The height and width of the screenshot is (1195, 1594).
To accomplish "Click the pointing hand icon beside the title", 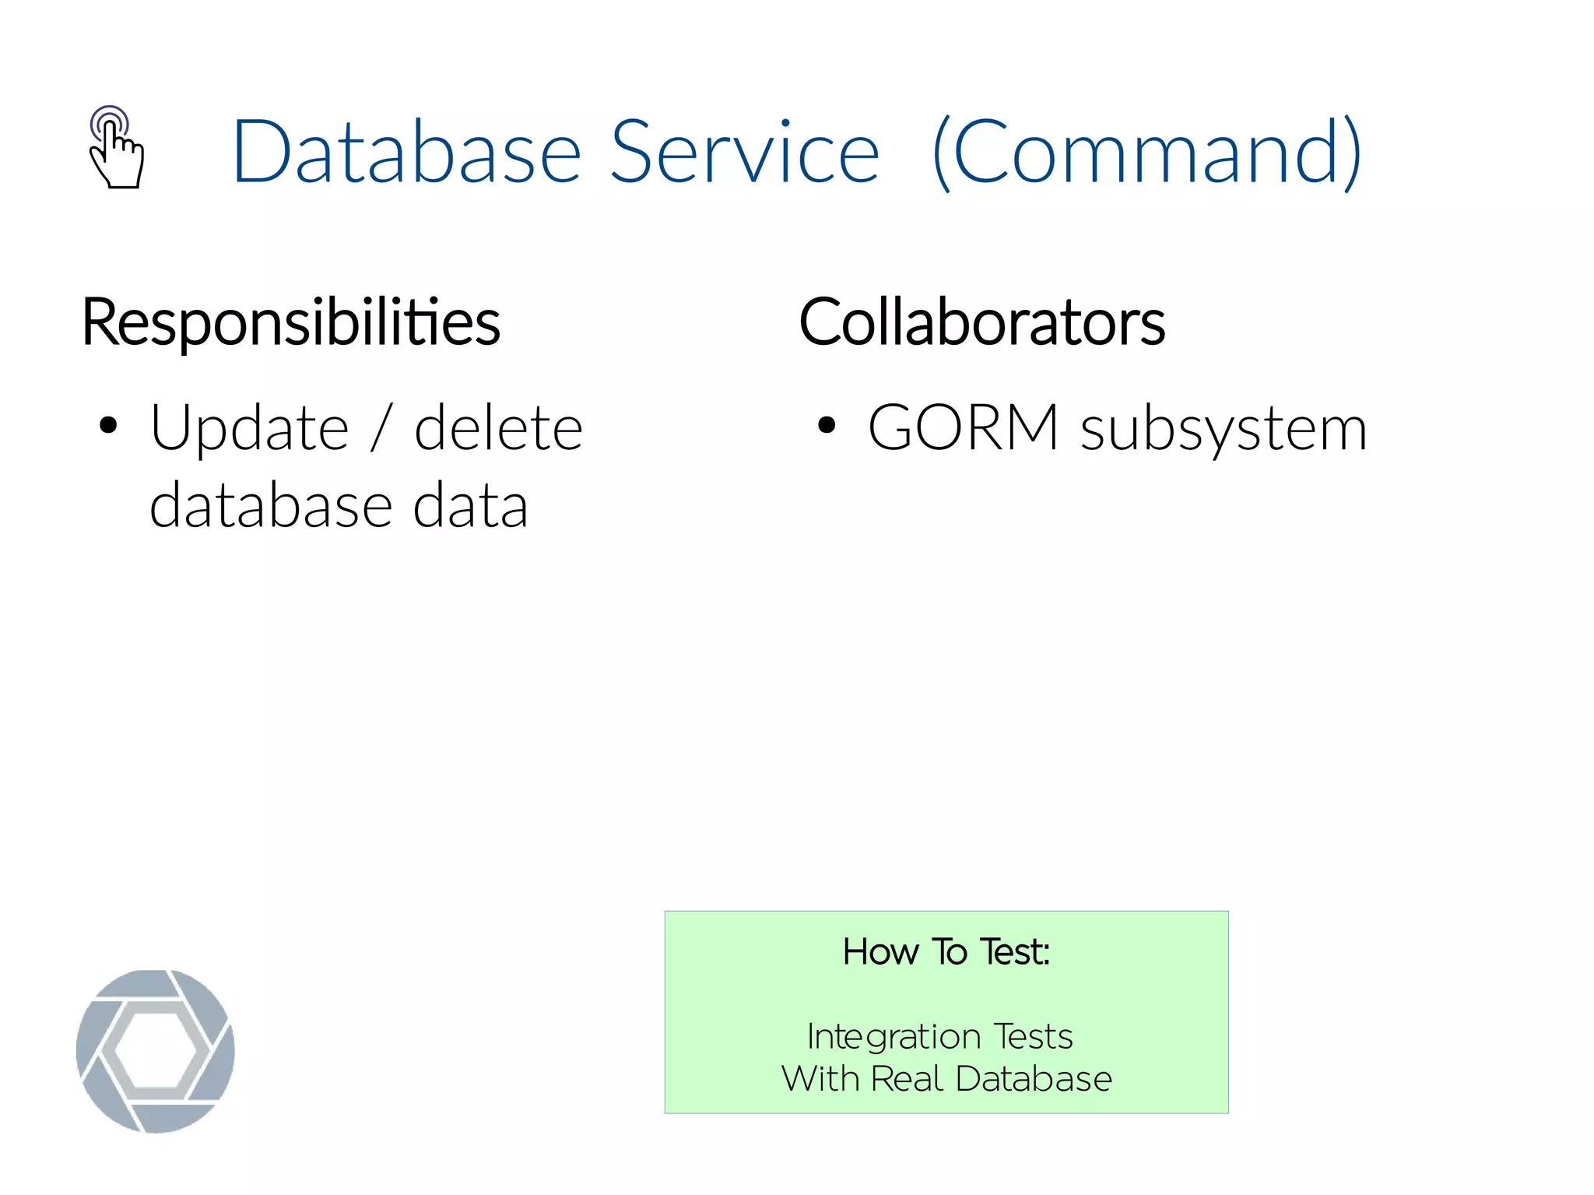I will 116,147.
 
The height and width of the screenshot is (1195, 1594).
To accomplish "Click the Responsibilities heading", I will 291,322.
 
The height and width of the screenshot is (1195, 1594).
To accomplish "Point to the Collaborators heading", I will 982,322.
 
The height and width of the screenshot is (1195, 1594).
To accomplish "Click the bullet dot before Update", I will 108,426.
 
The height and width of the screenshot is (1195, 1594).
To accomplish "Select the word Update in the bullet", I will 249,429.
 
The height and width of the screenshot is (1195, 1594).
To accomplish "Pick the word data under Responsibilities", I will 470,506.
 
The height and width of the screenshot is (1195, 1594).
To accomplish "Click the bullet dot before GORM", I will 826,426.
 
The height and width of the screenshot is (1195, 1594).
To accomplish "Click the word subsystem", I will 1224,429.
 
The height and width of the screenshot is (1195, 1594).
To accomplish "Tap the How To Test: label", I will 946,951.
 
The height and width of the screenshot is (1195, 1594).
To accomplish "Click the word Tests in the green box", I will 1034,1036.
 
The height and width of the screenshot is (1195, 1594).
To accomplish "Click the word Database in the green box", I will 1034,1079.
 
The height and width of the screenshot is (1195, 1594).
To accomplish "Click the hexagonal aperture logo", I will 156,1050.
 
